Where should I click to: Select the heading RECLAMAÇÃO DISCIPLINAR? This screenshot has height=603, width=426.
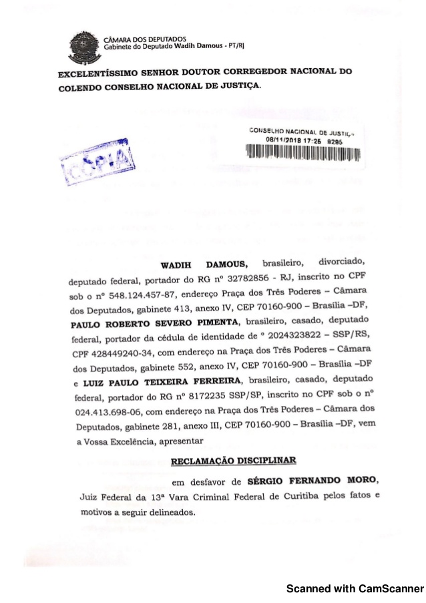click(x=233, y=461)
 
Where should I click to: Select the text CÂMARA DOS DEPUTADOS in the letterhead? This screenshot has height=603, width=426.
click(x=144, y=38)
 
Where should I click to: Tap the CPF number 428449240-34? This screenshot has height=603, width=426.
click(x=122, y=353)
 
